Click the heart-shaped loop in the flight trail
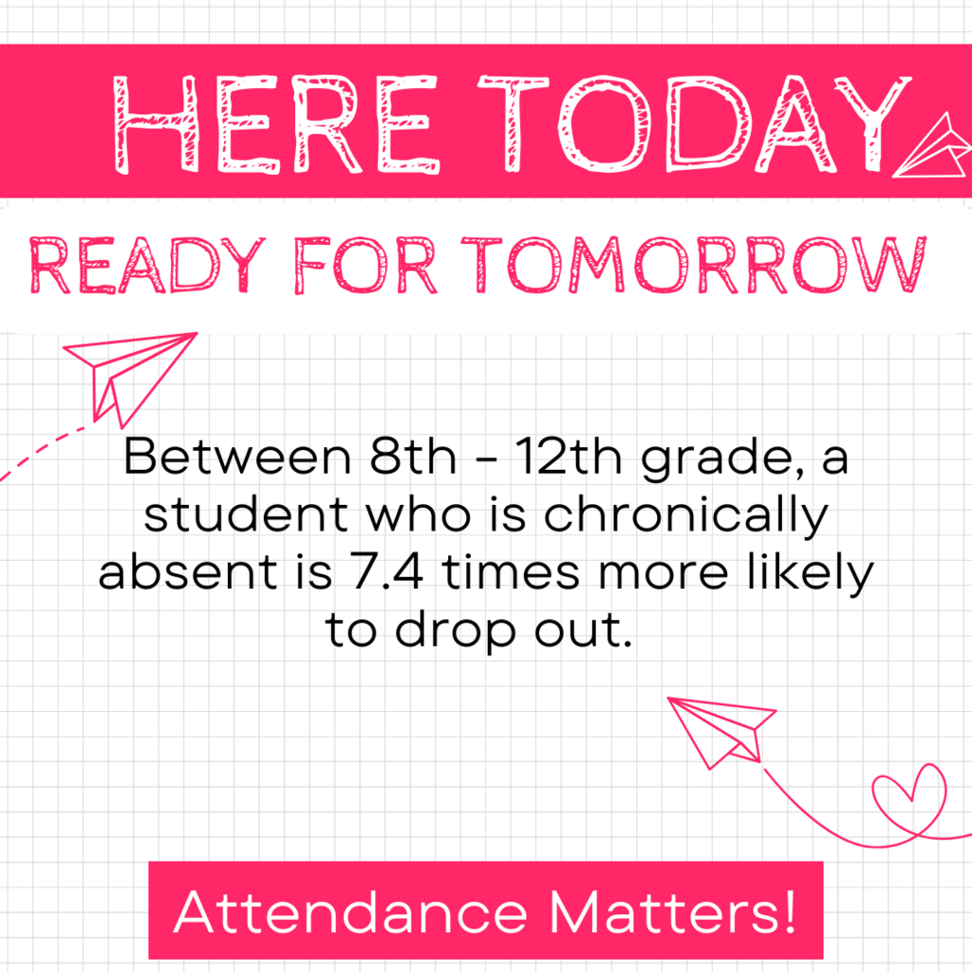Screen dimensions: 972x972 (908, 796)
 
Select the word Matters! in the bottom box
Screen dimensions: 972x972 (671, 912)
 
